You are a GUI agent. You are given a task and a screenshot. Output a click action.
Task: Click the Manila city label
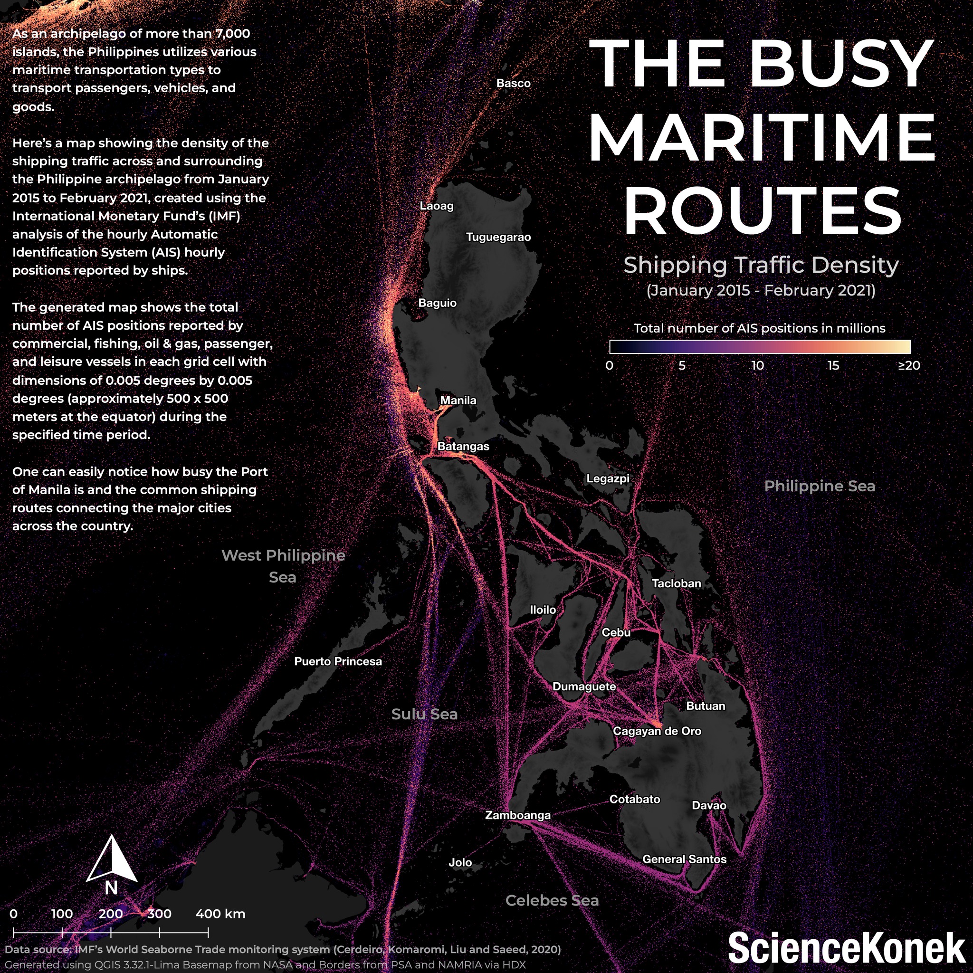pos(458,401)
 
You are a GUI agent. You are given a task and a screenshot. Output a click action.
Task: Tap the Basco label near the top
pos(513,83)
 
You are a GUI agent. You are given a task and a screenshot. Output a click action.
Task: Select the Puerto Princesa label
pos(338,661)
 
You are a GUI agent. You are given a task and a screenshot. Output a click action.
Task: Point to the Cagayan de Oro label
pos(657,731)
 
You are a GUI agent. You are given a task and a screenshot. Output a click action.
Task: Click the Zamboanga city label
pos(518,815)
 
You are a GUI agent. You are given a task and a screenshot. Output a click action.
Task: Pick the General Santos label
pos(684,859)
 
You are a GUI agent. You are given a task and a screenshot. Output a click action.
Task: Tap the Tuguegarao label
pos(498,237)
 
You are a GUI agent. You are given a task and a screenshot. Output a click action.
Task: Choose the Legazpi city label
pos(608,478)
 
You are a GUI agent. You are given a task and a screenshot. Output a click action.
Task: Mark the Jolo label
pos(460,863)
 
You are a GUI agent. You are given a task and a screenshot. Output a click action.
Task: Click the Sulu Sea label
pos(425,714)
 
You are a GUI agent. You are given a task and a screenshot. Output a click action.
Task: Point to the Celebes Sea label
pos(552,900)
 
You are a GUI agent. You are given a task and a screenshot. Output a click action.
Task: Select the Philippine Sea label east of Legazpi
pos(820,486)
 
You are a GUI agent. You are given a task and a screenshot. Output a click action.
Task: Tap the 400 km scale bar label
pos(220,914)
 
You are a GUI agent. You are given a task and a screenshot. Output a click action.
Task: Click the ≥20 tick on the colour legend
pos(908,366)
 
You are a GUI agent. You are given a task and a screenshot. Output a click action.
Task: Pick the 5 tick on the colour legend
pos(682,366)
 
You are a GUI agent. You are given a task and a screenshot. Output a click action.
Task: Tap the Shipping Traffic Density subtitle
pos(761,265)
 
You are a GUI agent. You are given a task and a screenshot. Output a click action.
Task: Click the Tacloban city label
pos(677,583)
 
